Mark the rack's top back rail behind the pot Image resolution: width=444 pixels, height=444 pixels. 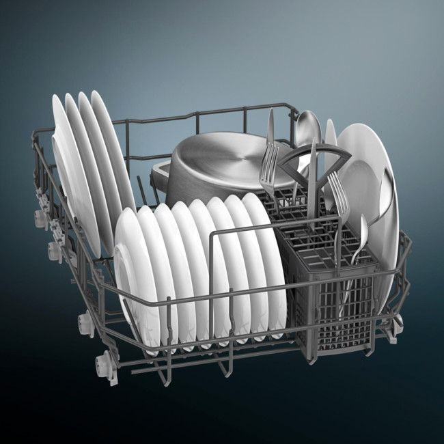205,116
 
